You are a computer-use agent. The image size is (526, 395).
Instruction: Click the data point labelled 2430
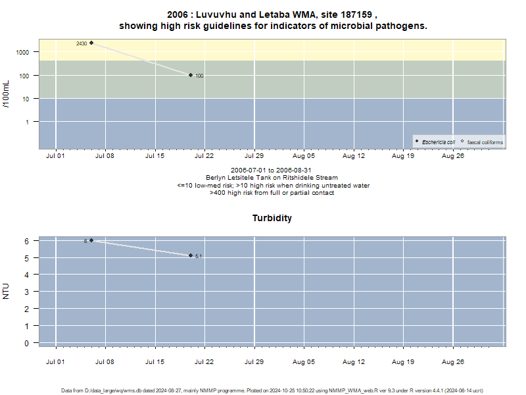(91, 43)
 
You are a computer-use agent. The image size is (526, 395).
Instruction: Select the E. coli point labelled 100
(191, 75)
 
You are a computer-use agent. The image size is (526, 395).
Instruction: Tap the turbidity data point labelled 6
(91, 240)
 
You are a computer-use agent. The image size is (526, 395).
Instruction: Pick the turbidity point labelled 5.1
(191, 255)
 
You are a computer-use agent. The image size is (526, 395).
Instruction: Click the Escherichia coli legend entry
(435, 142)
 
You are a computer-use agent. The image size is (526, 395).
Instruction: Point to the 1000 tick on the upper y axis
(22, 53)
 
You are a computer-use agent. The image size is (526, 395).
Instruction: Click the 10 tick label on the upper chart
(26, 99)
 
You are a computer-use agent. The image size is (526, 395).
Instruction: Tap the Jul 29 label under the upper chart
(254, 156)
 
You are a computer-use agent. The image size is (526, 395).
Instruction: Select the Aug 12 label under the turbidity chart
(354, 361)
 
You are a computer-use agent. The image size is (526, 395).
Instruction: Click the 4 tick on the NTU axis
(26, 275)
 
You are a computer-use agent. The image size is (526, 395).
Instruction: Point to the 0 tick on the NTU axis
(26, 343)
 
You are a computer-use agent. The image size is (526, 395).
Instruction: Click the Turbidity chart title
(272, 218)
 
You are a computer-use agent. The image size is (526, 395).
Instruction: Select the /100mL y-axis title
(6, 94)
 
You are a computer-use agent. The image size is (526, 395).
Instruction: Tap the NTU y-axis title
(6, 291)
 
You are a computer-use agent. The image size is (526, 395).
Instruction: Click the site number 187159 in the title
(356, 14)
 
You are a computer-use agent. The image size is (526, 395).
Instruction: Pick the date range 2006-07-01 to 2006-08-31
(271, 171)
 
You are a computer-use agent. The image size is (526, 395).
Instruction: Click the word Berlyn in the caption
(215, 178)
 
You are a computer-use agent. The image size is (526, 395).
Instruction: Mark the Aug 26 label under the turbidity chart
(453, 361)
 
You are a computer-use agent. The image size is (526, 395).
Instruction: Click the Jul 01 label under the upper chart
(55, 156)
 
